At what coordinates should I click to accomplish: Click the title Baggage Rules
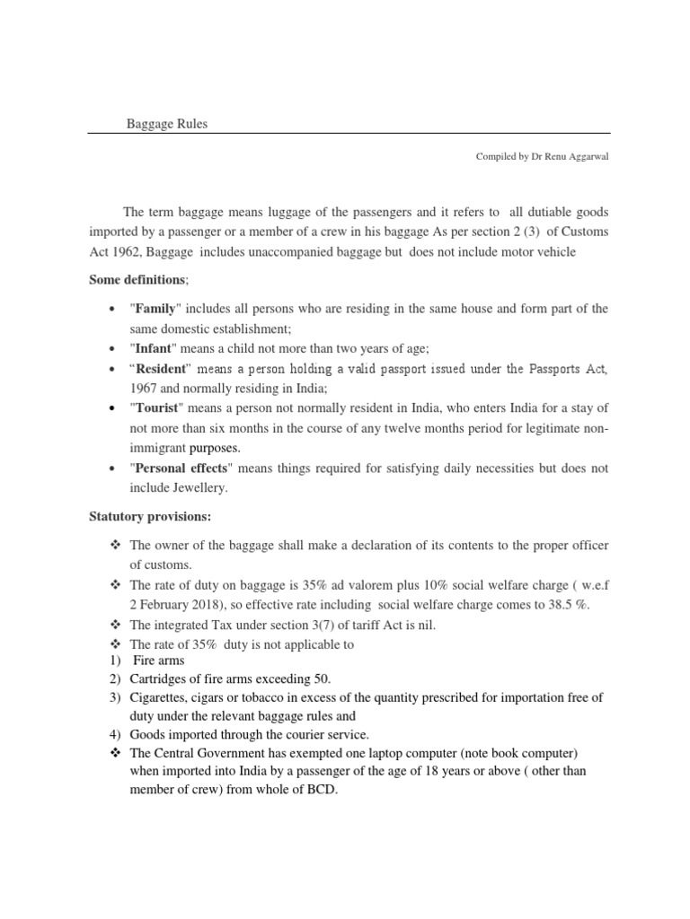[x=166, y=124]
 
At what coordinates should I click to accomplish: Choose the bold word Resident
[x=161, y=370]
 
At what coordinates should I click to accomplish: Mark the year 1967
[x=145, y=389]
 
